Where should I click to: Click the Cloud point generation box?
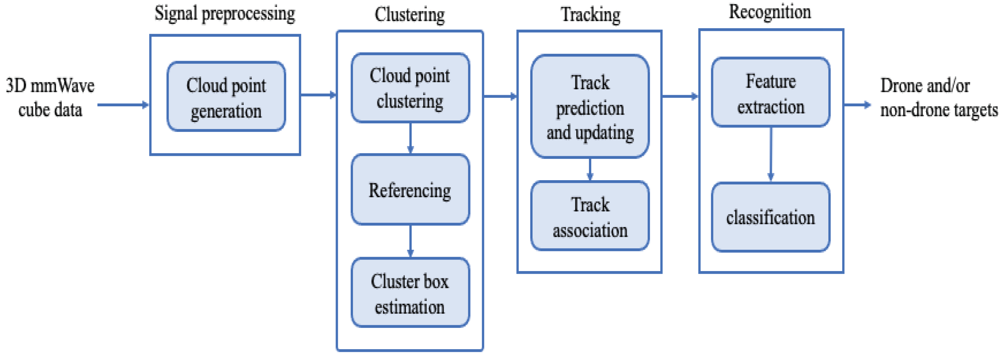(x=226, y=96)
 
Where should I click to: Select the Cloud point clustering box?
(x=410, y=88)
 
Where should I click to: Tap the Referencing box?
(x=410, y=190)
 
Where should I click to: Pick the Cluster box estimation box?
(x=410, y=293)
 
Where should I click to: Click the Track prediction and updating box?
(x=590, y=107)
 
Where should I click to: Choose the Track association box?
(x=590, y=216)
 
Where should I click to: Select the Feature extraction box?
(x=771, y=93)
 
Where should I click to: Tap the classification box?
(x=771, y=217)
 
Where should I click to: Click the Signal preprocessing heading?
(x=225, y=14)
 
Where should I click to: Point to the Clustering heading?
(x=410, y=15)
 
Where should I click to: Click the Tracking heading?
(x=590, y=15)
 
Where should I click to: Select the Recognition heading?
(x=770, y=12)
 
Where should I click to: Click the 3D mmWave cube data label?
(x=50, y=97)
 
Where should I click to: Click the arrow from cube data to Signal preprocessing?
(x=123, y=104)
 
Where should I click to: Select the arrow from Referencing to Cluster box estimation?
(x=410, y=241)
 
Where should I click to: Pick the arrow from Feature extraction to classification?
(x=771, y=154)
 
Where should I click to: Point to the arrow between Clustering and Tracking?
(x=500, y=96)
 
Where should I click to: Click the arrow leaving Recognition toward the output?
(x=857, y=104)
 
